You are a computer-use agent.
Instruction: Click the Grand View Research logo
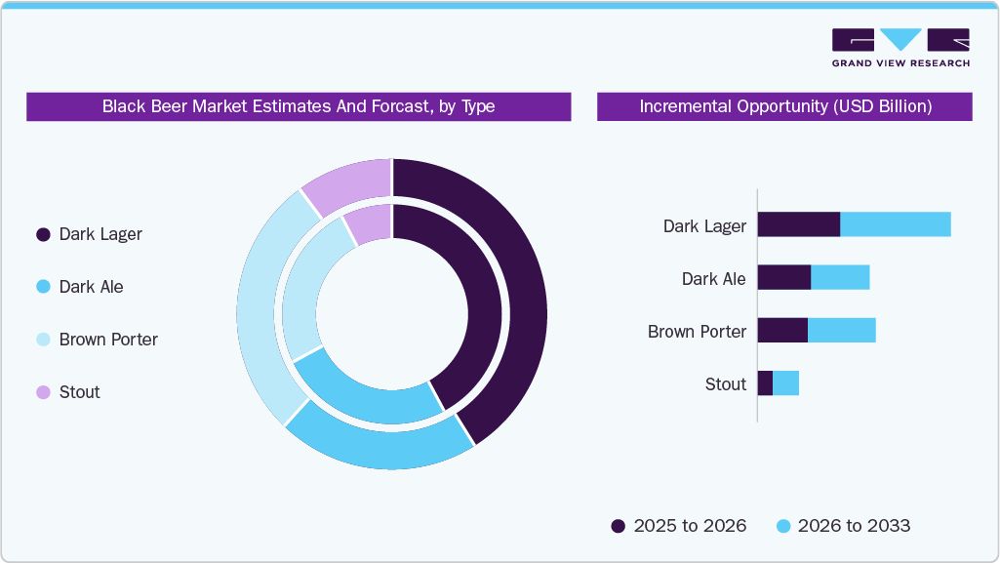point(900,48)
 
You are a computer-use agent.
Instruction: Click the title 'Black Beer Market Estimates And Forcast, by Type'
point(299,106)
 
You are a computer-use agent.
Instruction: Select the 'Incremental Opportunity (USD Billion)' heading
point(784,106)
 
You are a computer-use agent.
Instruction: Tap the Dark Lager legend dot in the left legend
point(43,234)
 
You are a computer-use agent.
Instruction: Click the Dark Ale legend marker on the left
point(43,287)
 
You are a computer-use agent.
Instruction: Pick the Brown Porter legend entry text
point(108,340)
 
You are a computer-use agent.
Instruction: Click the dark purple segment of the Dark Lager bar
point(798,224)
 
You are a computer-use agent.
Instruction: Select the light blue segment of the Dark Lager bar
point(895,224)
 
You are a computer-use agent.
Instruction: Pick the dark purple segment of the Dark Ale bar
point(783,277)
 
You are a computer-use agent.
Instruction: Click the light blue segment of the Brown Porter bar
point(841,330)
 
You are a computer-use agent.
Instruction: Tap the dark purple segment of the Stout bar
point(765,382)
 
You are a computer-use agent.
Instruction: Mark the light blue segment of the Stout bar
point(785,382)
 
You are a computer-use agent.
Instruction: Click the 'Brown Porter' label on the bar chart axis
point(697,332)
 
